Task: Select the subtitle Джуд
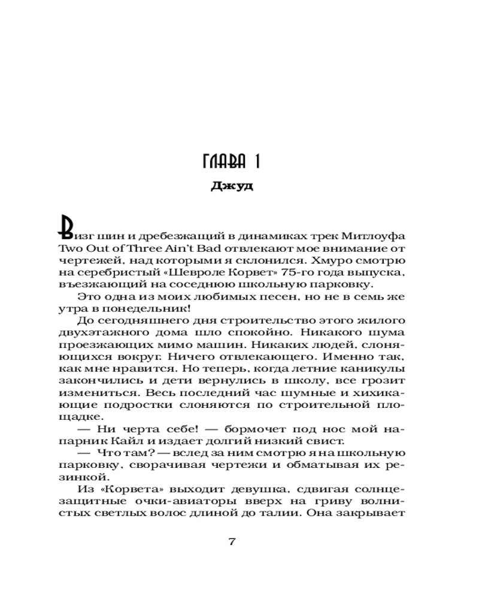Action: click(233, 186)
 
